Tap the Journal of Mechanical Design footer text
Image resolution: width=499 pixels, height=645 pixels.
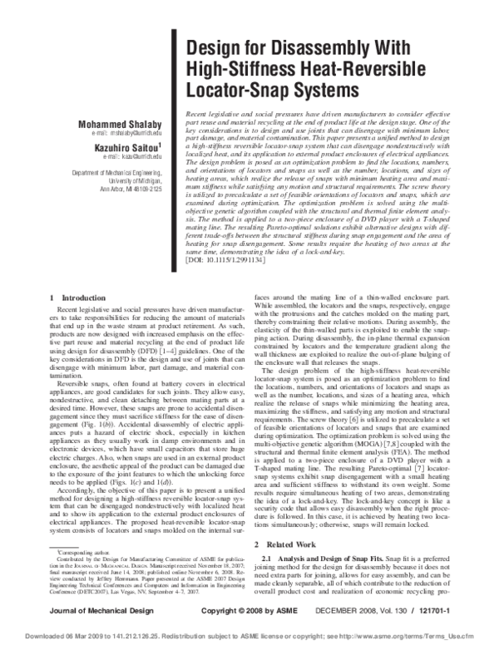click(86, 611)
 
